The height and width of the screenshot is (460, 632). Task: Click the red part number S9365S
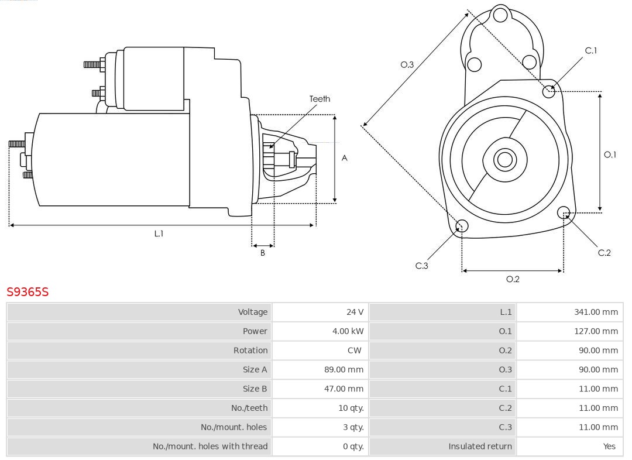pyautogui.click(x=28, y=291)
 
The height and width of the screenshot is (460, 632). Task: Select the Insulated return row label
pyautogui.click(x=480, y=446)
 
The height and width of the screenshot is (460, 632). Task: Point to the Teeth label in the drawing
pyautogui.click(x=320, y=99)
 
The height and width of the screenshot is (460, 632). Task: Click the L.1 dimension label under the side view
pyautogui.click(x=159, y=234)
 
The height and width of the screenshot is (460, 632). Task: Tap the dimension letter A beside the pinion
pyautogui.click(x=345, y=158)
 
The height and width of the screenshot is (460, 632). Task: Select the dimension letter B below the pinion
pyautogui.click(x=263, y=253)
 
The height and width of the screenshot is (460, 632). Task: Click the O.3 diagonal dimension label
pyautogui.click(x=407, y=65)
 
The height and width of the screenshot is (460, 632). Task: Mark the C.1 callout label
pyautogui.click(x=591, y=51)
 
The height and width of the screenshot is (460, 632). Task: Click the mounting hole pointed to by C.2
pyautogui.click(x=564, y=212)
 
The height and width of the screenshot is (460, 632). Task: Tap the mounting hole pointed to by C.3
pyautogui.click(x=462, y=226)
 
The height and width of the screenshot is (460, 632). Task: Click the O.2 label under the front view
pyautogui.click(x=513, y=279)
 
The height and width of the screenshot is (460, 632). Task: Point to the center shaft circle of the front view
pyautogui.click(x=503, y=159)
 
